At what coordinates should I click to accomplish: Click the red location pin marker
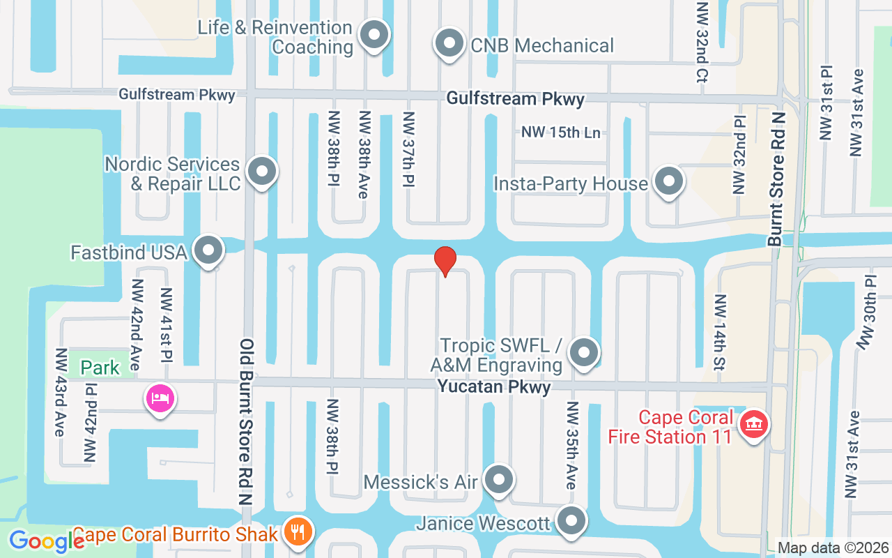(x=445, y=261)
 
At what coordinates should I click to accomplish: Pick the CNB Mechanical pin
(x=449, y=44)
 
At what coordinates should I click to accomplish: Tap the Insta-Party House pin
(x=669, y=181)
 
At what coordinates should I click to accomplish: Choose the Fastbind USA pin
(x=208, y=250)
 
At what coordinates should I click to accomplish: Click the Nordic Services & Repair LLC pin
(x=262, y=172)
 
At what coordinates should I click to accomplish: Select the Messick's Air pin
(x=499, y=480)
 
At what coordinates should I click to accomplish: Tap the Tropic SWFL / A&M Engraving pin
(x=584, y=353)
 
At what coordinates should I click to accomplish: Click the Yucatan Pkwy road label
(x=494, y=386)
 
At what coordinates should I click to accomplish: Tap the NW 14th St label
(x=720, y=331)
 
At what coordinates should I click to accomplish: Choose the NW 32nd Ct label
(x=702, y=42)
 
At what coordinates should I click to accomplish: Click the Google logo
(x=47, y=541)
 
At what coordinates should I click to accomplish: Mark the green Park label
(x=100, y=368)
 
